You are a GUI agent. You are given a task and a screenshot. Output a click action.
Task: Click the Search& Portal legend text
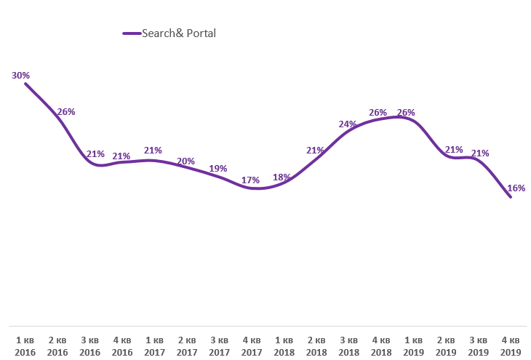coord(180,33)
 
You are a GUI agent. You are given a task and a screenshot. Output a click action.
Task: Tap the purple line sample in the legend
coord(132,33)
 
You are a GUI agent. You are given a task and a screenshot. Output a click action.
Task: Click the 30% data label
coord(20,75)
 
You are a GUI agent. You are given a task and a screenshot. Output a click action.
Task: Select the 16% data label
coord(516,188)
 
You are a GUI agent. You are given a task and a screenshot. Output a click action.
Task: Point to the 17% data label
coord(251,180)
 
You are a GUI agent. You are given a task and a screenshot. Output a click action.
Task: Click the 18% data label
coord(282,177)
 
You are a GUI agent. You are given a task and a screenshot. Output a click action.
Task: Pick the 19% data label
coord(218,169)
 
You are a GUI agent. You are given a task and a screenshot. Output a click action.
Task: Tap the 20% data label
coord(186,161)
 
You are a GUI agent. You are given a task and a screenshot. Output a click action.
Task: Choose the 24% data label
coord(348,124)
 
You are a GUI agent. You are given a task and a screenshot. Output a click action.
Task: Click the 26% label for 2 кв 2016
coord(66,112)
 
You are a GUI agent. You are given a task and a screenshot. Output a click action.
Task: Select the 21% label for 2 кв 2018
coord(315,151)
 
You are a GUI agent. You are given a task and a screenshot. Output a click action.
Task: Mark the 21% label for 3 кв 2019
coord(479,153)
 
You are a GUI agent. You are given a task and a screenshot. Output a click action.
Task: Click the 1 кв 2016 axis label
coord(25,346)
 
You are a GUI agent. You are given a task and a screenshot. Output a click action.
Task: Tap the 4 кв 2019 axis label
coord(511,346)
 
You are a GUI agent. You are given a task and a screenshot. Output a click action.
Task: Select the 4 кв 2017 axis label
coord(252,346)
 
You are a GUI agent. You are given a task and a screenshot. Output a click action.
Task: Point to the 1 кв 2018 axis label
coord(284,346)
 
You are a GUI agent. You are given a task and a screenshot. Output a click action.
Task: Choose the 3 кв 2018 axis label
coord(348,346)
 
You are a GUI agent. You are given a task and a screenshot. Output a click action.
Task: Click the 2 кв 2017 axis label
coord(187,346)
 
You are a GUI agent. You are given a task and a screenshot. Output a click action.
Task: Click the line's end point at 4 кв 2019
coord(511,197)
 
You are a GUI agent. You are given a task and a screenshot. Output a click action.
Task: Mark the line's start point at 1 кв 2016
coord(25,84)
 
